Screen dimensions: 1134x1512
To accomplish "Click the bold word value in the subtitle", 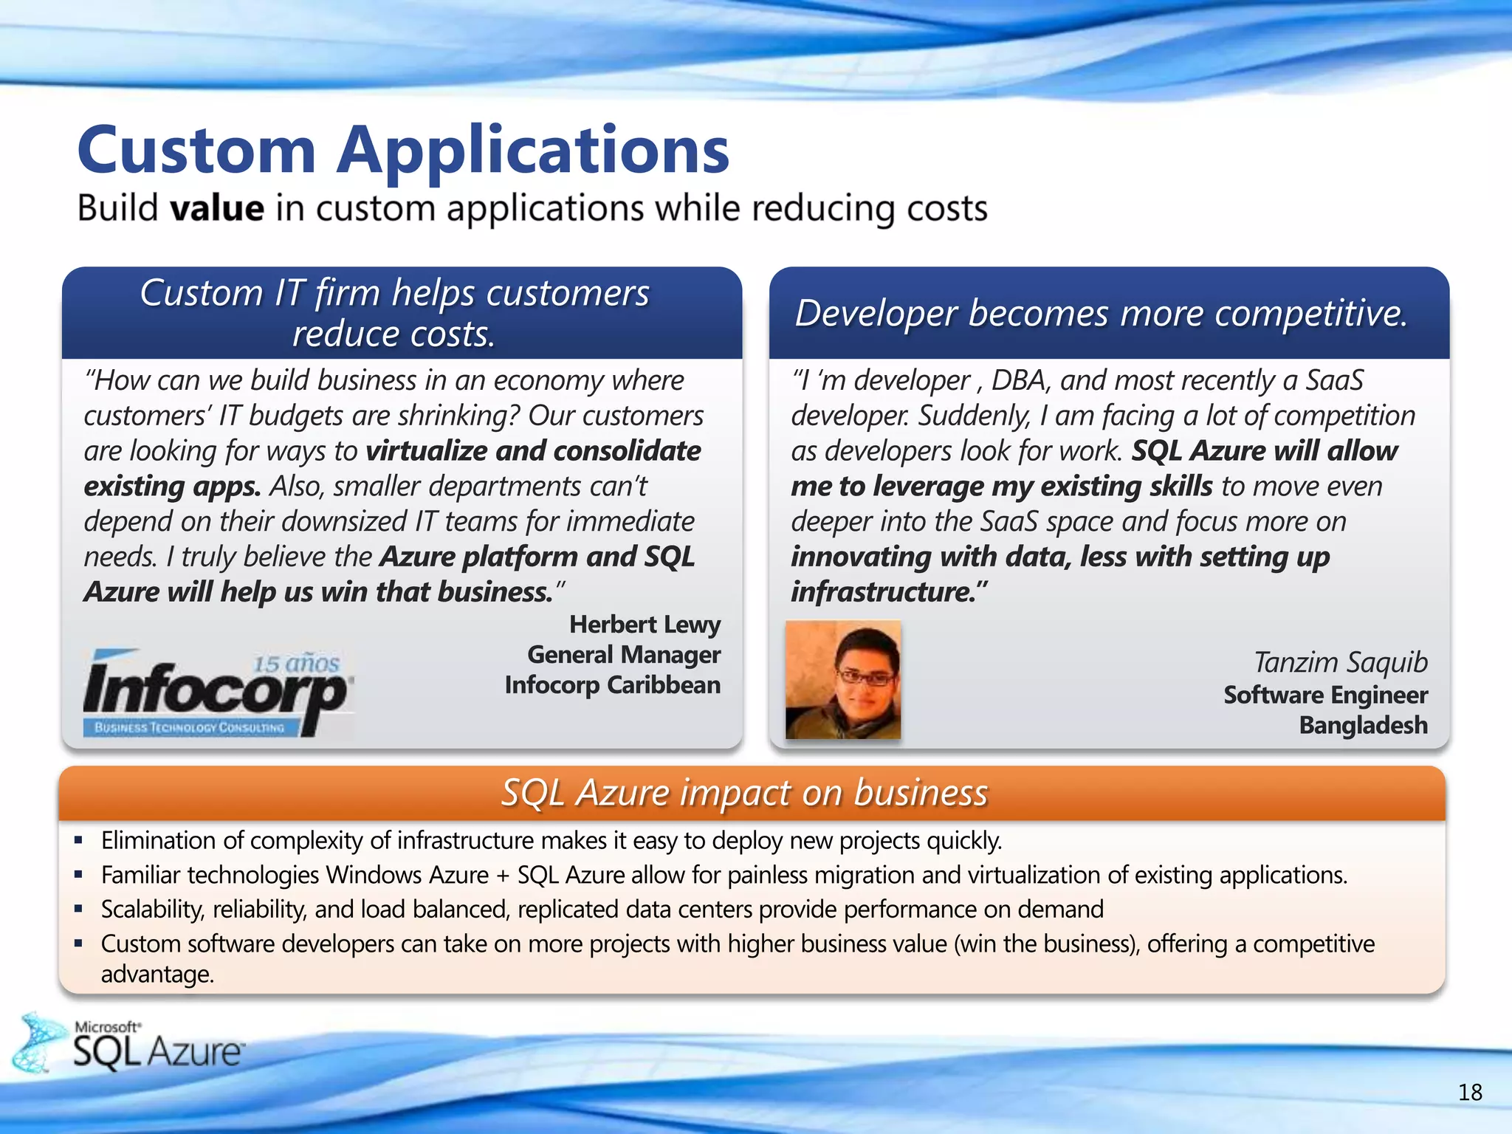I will [x=217, y=208].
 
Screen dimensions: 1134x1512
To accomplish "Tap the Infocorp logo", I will [x=218, y=692].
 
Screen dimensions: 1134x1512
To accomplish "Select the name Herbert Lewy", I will [x=645, y=625].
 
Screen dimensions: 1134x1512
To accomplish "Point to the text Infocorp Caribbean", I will [x=612, y=685].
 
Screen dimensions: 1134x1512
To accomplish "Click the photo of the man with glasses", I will [x=843, y=679].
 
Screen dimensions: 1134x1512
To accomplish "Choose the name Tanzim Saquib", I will [x=1341, y=662].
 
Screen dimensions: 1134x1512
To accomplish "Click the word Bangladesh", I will [x=1363, y=725].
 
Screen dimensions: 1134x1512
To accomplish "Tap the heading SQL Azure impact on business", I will [x=744, y=793].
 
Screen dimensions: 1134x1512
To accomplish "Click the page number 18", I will [x=1470, y=1093].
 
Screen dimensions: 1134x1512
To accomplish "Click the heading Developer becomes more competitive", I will [x=1102, y=313].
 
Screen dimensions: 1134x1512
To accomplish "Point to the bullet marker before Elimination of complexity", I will [x=78, y=840].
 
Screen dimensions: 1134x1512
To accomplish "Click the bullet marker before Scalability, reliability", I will [x=78, y=909].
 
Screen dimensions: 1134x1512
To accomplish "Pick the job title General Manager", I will [x=624, y=655].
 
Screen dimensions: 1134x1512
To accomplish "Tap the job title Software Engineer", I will [x=1325, y=695].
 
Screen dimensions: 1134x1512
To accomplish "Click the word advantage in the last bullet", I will [x=157, y=975].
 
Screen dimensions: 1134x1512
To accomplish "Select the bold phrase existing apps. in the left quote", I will [x=172, y=487].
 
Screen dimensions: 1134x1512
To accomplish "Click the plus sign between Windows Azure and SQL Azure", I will [x=503, y=876].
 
